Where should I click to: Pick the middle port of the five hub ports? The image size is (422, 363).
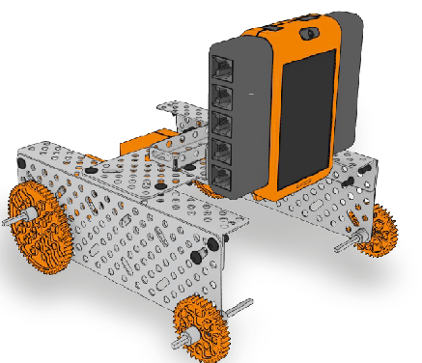pos(224,123)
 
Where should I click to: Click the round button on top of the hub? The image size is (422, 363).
pos(311,32)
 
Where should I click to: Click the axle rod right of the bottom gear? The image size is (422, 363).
pos(236,310)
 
